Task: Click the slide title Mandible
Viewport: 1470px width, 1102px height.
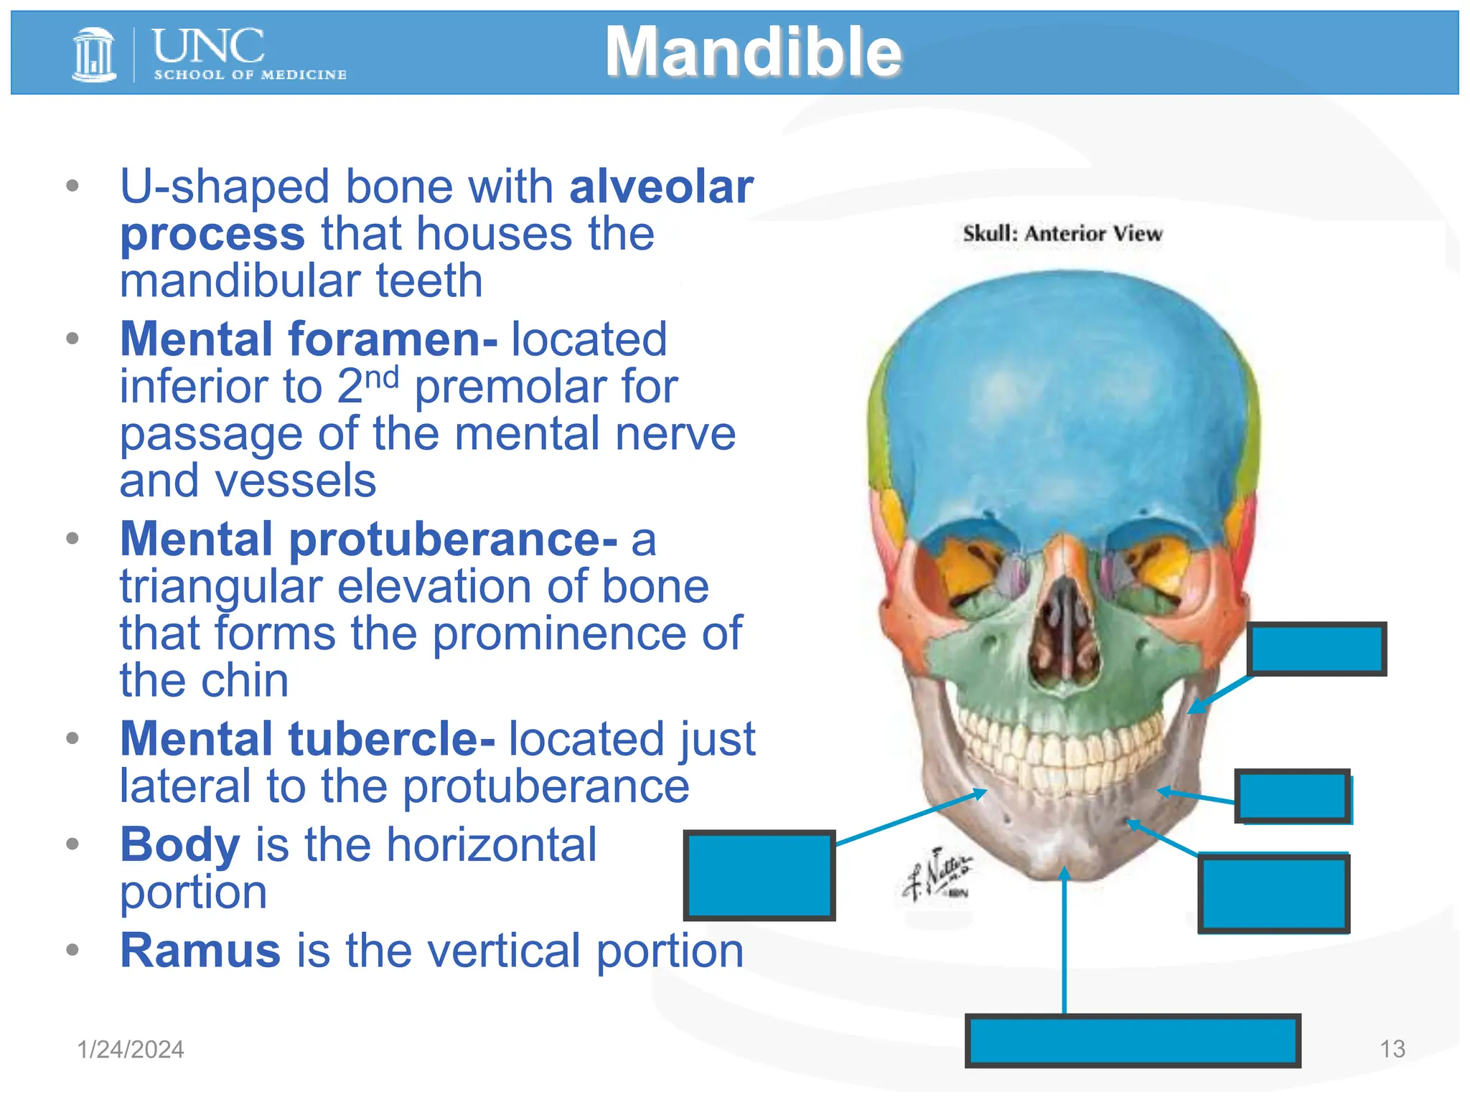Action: pyautogui.click(x=753, y=52)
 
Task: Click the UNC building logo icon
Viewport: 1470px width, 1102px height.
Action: pyautogui.click(x=94, y=55)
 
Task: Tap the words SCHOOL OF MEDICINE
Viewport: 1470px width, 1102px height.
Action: pyautogui.click(x=250, y=75)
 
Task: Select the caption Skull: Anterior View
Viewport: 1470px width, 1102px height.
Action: pyautogui.click(x=1062, y=234)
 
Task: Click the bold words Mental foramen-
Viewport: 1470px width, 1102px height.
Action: pyautogui.click(x=309, y=339)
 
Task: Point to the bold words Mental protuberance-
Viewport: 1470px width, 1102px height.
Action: pyautogui.click(x=368, y=539)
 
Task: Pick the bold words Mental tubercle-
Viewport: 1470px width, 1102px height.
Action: pyautogui.click(x=307, y=739)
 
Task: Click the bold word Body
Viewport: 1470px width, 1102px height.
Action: pyautogui.click(x=179, y=844)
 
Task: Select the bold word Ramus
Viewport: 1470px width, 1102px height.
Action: pyautogui.click(x=200, y=951)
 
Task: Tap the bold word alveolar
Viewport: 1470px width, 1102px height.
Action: pyautogui.click(x=661, y=187)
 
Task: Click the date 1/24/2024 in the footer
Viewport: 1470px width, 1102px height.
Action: pyautogui.click(x=131, y=1050)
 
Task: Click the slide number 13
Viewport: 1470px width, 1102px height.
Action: pyautogui.click(x=1392, y=1049)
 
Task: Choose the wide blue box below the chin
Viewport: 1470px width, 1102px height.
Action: pyautogui.click(x=1133, y=1040)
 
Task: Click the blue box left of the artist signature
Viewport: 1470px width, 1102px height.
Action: pyautogui.click(x=759, y=875)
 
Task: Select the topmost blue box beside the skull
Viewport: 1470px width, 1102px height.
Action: pyautogui.click(x=1317, y=649)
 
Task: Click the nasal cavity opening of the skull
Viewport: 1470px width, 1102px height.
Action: pyautogui.click(x=1065, y=631)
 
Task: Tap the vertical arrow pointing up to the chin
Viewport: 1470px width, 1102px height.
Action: pyautogui.click(x=1065, y=940)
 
